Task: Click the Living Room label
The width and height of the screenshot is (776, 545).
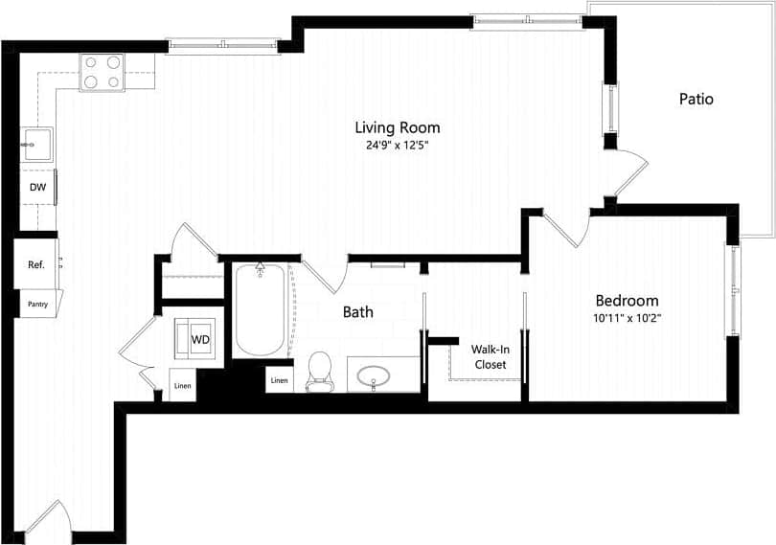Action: point(397,127)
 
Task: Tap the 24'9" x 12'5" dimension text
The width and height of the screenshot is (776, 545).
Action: point(397,147)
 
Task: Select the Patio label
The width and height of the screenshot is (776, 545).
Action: point(696,99)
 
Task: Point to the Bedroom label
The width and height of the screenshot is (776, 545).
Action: point(628,300)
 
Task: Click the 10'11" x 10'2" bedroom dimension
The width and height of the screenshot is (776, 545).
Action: point(628,318)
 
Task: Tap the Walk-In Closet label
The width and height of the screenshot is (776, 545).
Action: point(490,356)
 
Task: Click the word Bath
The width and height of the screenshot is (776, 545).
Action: point(358,312)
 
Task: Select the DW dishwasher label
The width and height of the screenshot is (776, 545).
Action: point(37,188)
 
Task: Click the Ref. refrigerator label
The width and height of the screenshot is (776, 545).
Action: point(36,265)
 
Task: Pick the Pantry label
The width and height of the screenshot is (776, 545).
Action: point(37,304)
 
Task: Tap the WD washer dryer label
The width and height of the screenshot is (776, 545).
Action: point(201,339)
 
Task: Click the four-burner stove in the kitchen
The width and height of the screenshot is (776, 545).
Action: point(103,71)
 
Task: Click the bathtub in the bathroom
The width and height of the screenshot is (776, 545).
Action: point(260,309)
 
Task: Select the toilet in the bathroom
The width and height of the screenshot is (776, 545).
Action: point(319,370)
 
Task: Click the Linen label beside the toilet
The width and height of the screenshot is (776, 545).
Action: point(279,380)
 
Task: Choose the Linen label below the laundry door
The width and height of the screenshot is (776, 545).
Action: point(182,385)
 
